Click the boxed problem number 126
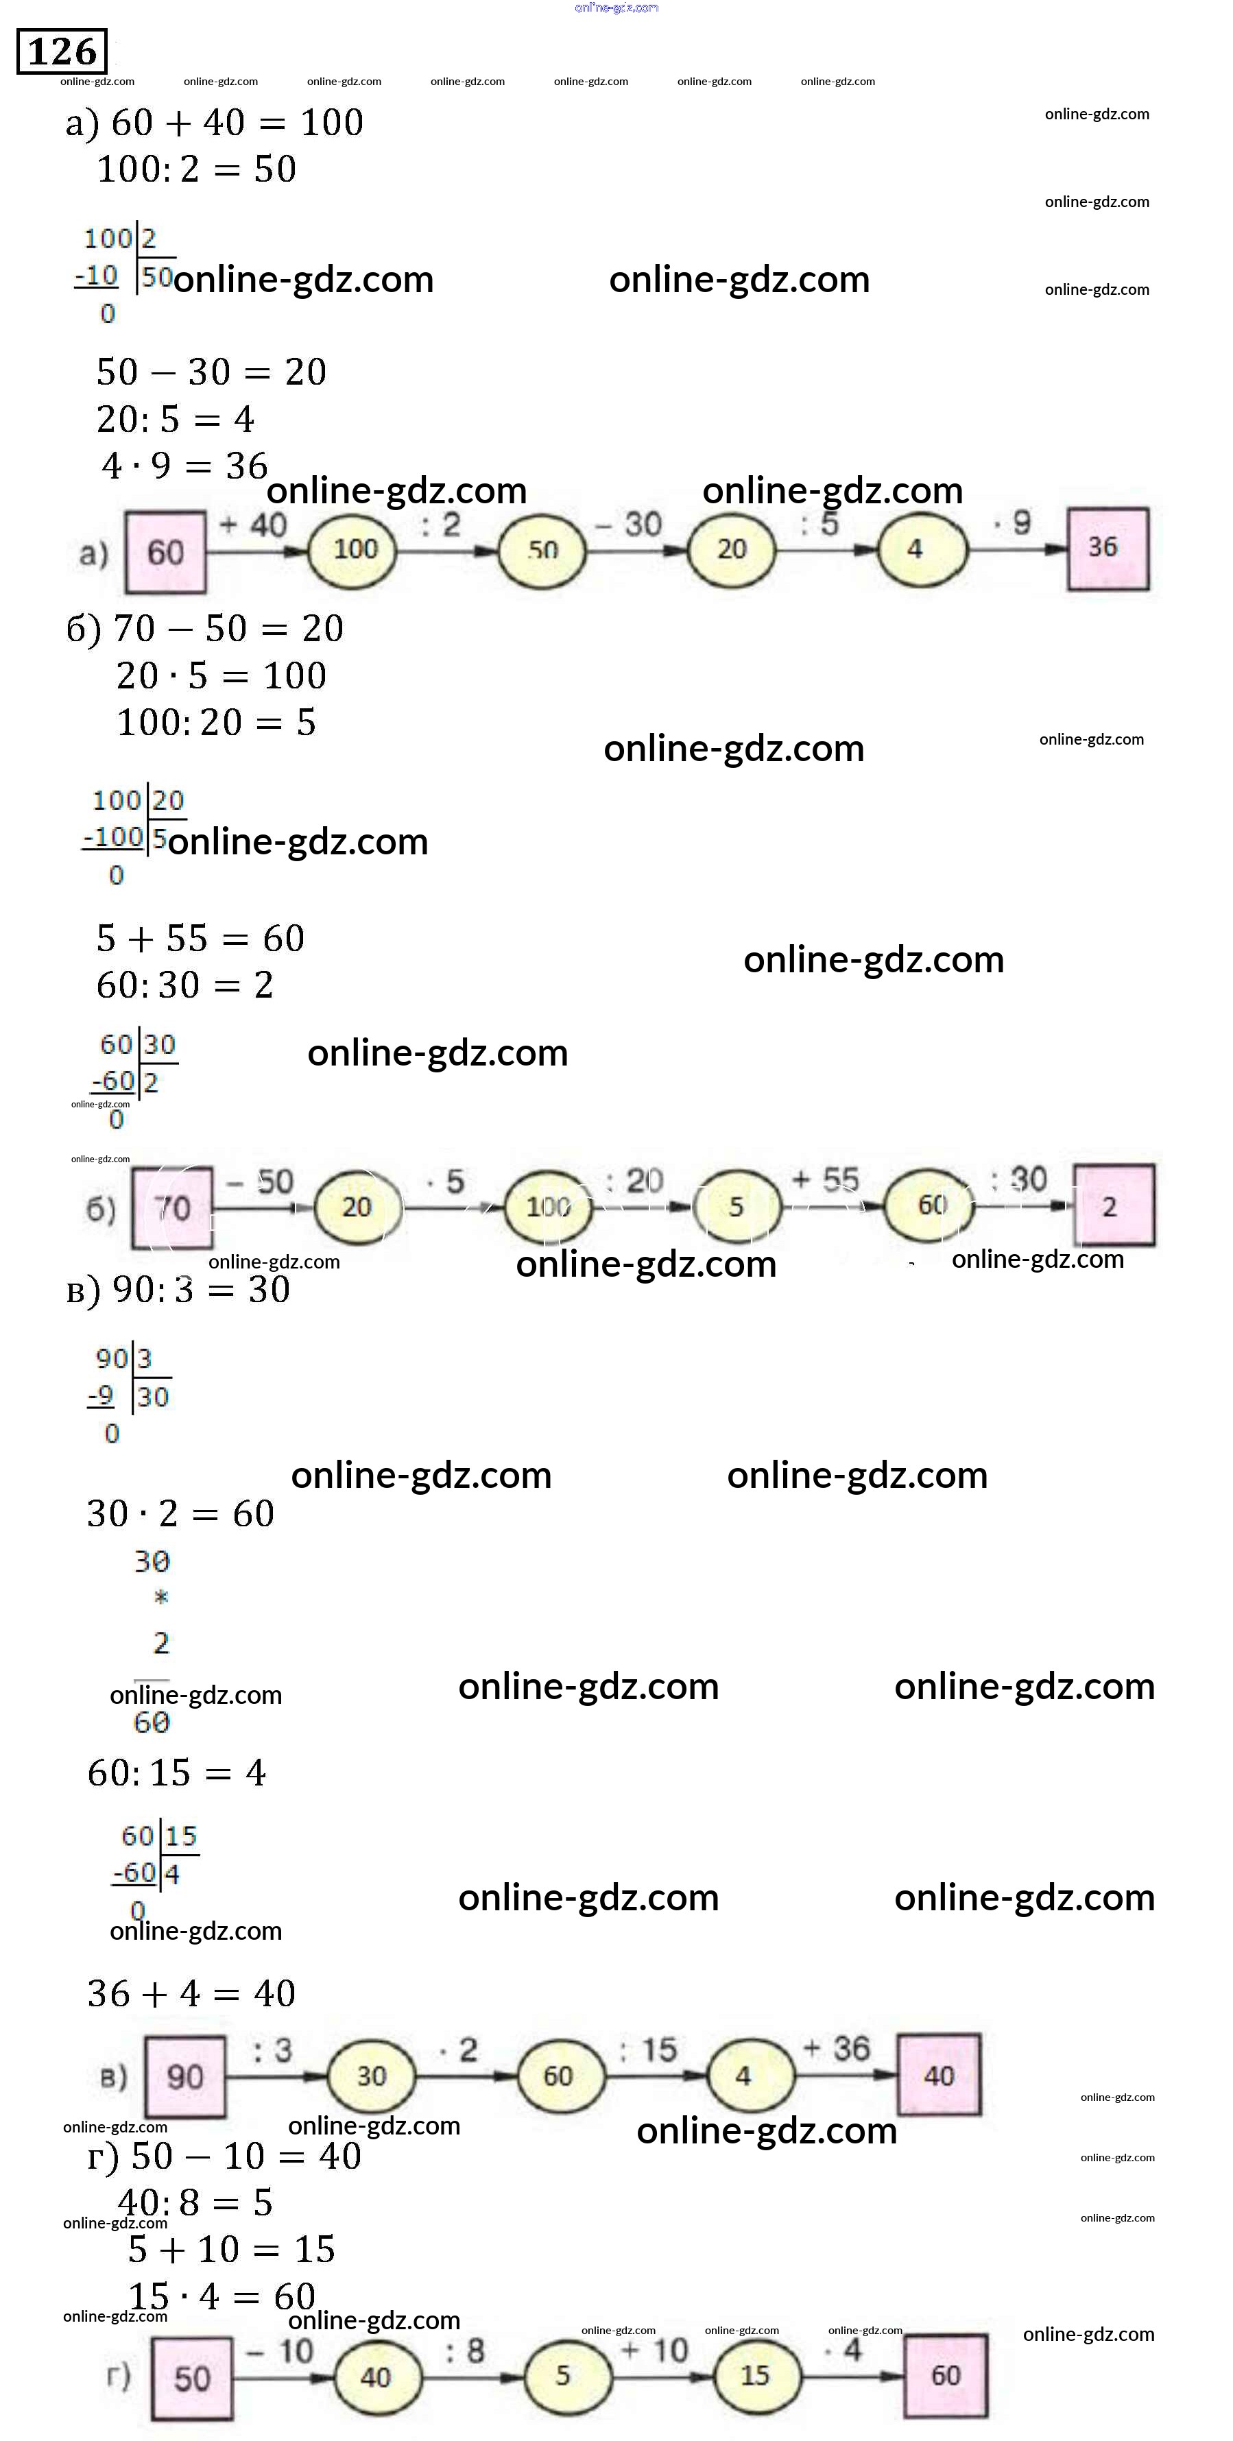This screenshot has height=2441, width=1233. (x=62, y=51)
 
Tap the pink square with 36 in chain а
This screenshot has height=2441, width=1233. (x=1107, y=549)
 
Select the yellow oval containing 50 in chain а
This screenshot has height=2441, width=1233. (x=542, y=550)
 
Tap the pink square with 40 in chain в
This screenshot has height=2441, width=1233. (x=938, y=2076)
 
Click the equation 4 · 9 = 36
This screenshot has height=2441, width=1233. (x=184, y=466)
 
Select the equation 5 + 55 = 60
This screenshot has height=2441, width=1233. (x=200, y=938)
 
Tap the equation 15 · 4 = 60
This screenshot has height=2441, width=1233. (x=221, y=2296)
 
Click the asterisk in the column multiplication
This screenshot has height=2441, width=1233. (x=161, y=1598)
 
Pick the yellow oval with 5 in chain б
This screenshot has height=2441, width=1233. (x=737, y=1206)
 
